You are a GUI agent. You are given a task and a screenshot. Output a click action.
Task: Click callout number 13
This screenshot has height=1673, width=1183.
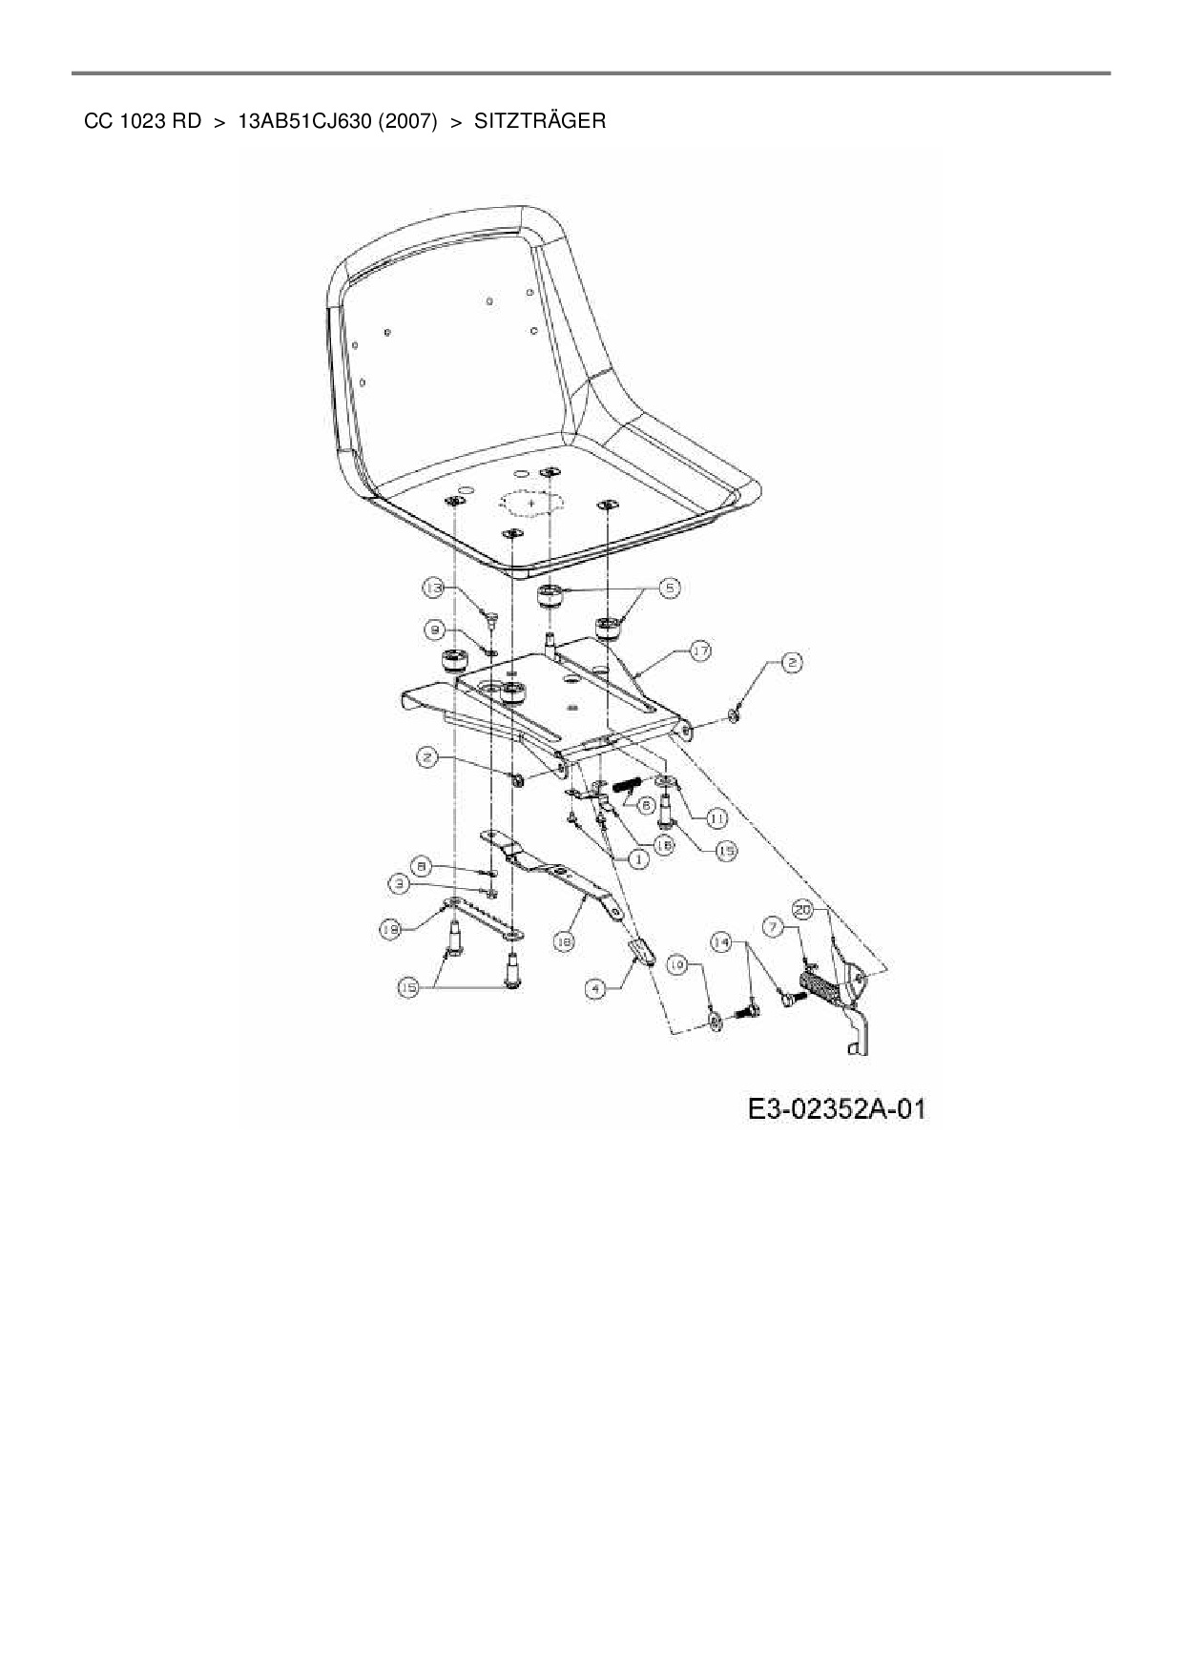pos(435,589)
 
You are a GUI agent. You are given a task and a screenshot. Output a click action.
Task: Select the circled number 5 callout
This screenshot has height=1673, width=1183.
pos(670,589)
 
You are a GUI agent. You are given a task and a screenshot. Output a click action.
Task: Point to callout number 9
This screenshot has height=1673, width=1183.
pos(435,630)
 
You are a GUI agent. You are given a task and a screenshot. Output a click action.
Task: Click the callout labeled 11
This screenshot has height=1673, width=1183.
pos(716,817)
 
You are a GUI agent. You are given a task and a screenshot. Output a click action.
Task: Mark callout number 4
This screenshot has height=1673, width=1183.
pos(595,990)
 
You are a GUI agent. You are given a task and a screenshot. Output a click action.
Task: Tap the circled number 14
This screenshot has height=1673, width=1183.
pos(723,942)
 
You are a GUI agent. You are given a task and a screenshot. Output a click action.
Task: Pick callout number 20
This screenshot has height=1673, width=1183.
pos(803,911)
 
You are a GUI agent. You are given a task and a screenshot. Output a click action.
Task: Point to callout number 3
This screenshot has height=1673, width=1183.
pos(404,885)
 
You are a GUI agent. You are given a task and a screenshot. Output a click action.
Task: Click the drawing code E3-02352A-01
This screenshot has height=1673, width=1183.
pos(836,1109)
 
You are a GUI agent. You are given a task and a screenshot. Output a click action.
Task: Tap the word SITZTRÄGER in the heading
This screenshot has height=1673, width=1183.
pos(539,121)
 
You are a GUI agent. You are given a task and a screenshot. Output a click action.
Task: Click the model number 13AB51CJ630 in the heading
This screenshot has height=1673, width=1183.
pos(303,121)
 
